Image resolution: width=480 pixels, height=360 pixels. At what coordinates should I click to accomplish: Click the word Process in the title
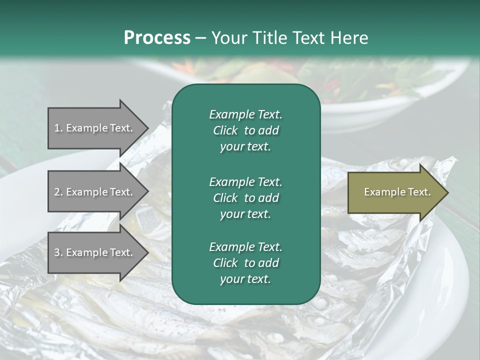[x=157, y=37]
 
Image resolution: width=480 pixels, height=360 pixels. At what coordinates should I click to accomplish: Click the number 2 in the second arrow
[x=57, y=192]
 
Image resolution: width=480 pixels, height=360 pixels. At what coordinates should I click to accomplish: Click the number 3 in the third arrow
[x=57, y=252]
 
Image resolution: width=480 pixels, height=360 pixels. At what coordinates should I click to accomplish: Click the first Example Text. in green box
[x=245, y=114]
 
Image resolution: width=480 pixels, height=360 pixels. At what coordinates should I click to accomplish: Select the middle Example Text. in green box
[x=245, y=181]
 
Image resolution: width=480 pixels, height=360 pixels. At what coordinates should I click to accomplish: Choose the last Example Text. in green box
[x=245, y=247]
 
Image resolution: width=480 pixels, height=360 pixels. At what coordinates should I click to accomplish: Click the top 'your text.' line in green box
[x=245, y=147]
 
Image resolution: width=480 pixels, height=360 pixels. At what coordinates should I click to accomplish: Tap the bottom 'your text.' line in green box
[x=245, y=279]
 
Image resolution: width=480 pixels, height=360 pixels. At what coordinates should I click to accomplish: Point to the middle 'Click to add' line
[x=245, y=198]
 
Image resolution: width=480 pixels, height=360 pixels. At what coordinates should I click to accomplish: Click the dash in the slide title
[x=201, y=38]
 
